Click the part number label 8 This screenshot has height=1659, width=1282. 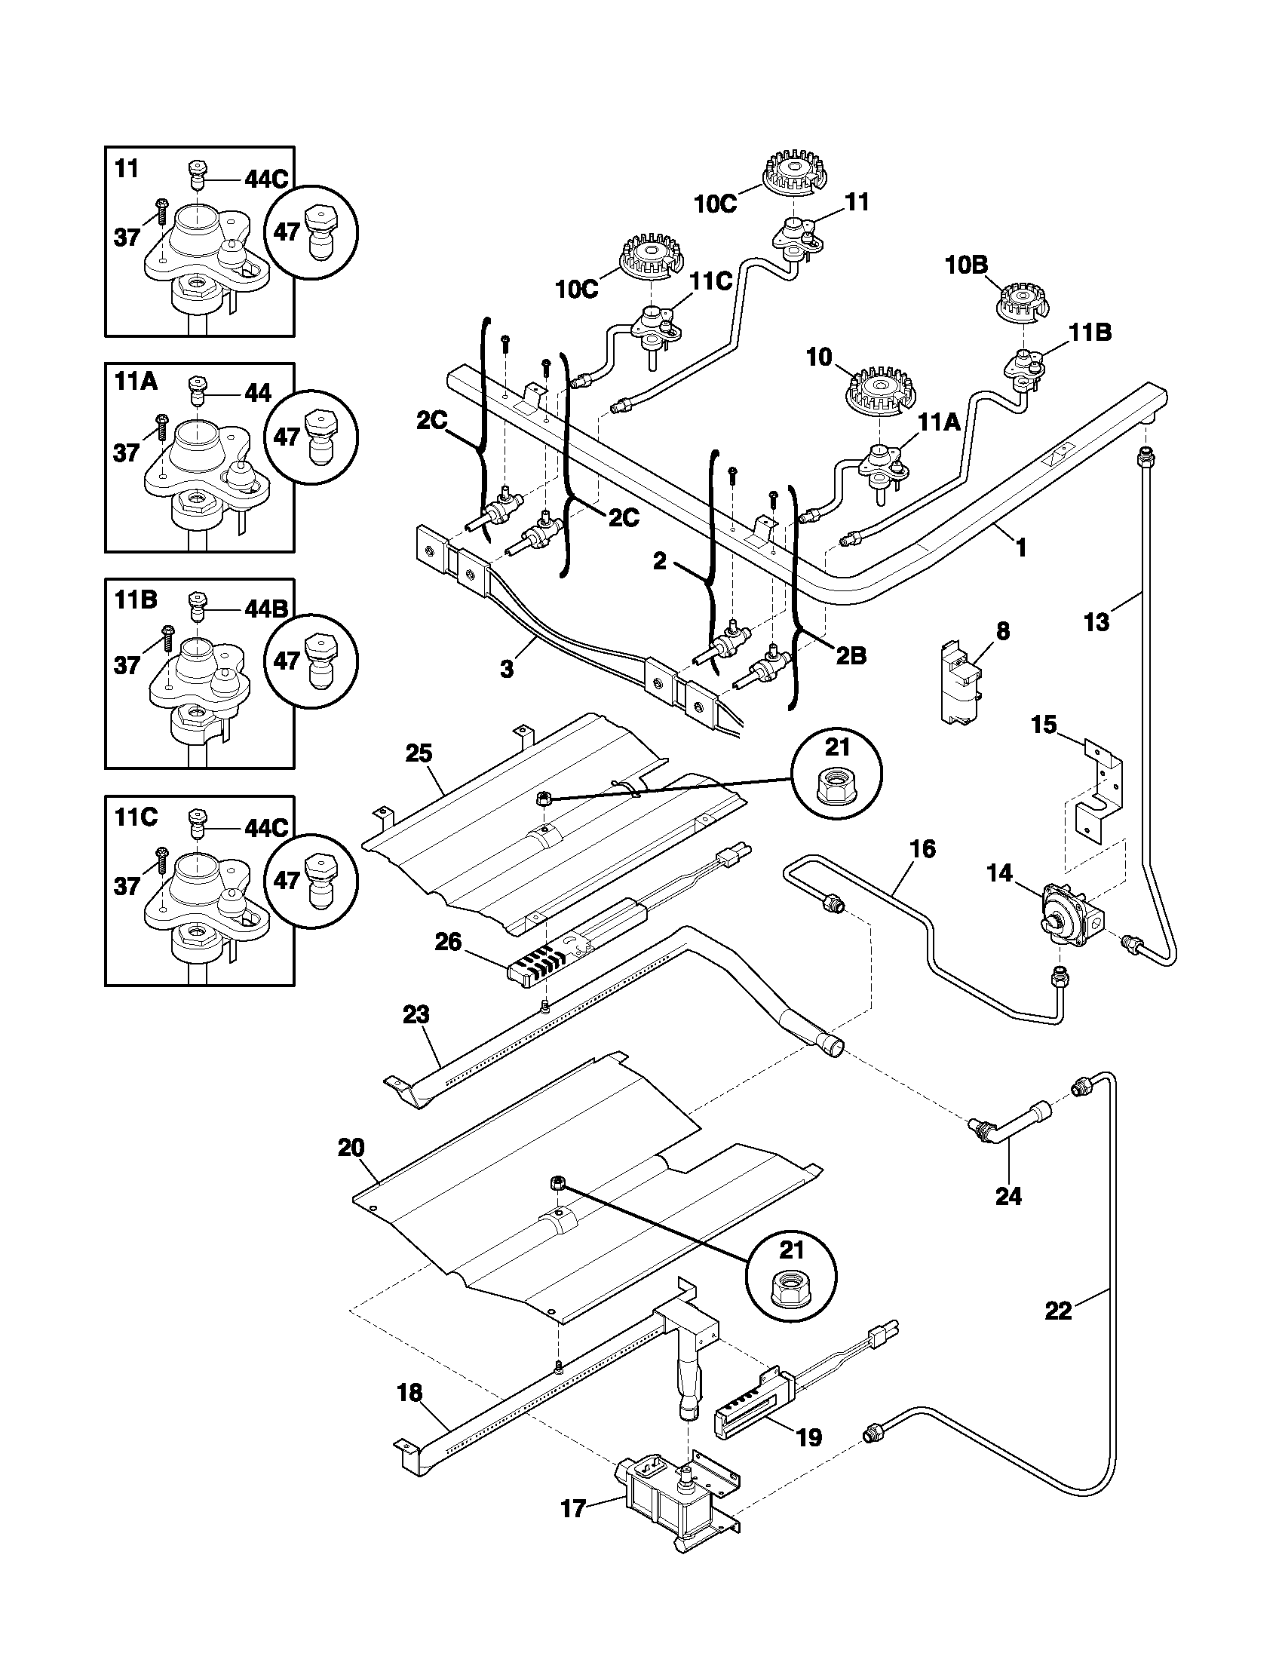[1002, 630]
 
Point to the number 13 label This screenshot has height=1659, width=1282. [1096, 622]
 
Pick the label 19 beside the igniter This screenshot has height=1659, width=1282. [810, 1437]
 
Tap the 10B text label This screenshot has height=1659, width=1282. [966, 265]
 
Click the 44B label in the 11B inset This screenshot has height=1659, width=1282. [265, 609]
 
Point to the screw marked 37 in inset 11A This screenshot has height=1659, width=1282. [161, 427]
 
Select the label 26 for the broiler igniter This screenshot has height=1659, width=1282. [448, 942]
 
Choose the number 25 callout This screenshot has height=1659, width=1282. [419, 753]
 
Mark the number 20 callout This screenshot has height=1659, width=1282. [351, 1148]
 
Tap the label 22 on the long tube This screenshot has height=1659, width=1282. [1058, 1311]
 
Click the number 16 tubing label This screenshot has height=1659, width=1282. [922, 848]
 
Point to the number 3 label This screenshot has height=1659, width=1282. [507, 670]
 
